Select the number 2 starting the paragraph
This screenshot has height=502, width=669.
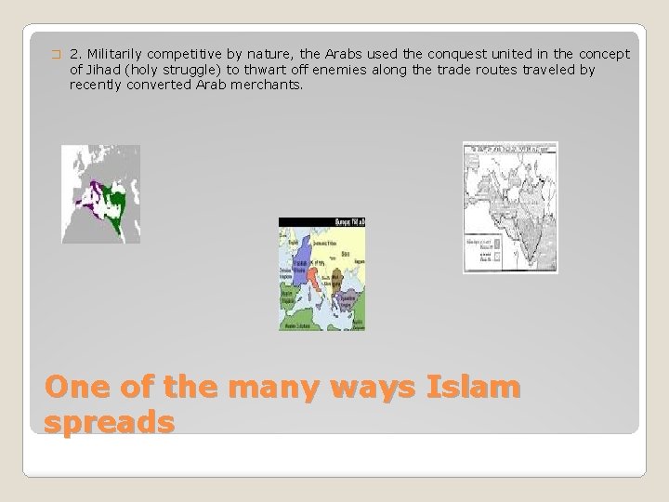[74, 55]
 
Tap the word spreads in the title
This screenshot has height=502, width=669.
[109, 421]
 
